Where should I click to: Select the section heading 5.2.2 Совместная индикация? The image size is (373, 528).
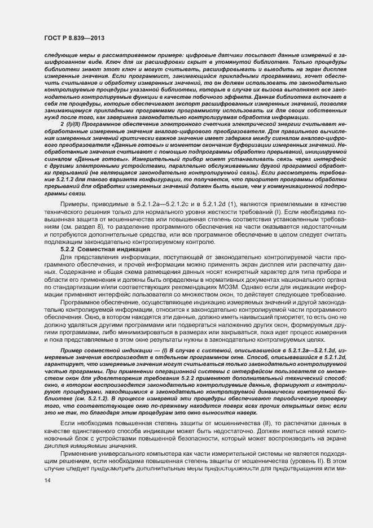[104, 249]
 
